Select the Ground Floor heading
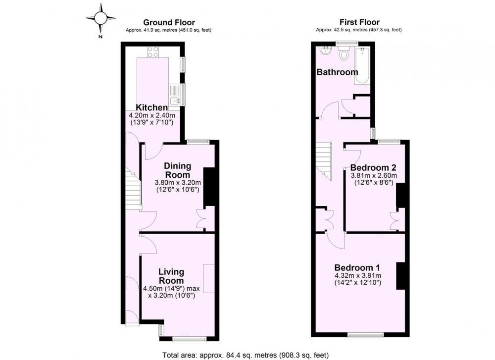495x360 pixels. [169, 22]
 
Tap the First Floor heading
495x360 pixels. [359, 22]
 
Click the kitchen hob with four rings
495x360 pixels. [153, 52]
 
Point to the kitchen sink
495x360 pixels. [175, 101]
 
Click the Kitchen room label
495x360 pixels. [151, 107]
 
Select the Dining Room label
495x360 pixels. [178, 170]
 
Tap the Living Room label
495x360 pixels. [171, 276]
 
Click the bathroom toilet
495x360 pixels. [343, 53]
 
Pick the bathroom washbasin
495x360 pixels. [325, 50]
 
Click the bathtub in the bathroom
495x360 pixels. [362, 66]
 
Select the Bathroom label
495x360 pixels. [337, 72]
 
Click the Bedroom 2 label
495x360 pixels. [373, 167]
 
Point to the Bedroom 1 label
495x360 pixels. [357, 267]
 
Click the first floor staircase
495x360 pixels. [324, 161]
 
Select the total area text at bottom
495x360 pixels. [246, 355]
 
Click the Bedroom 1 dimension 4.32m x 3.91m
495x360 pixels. [358, 275]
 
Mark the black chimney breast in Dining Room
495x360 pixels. [209, 187]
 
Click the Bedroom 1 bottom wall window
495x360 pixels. [366, 335]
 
